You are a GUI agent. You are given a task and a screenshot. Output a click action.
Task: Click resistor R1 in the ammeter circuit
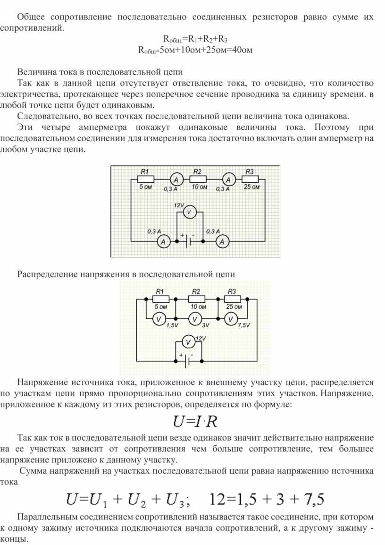coord(146,179)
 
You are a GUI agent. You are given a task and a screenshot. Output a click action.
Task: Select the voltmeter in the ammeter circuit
coord(189,212)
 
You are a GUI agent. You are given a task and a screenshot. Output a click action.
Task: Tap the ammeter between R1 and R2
coord(176,179)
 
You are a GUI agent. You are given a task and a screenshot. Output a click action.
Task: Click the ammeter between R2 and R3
coord(228,179)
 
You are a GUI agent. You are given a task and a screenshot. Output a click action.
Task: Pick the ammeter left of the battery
coord(163,241)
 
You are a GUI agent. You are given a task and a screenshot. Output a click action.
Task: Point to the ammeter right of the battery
coord(222,241)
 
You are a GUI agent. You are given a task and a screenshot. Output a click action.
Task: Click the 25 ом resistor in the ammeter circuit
coord(251,179)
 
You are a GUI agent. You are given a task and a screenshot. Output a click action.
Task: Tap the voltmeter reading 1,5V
coord(159,319)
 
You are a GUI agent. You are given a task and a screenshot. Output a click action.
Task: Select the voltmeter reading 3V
coord(195,319)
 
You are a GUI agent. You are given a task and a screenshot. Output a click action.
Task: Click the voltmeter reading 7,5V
coord(231,319)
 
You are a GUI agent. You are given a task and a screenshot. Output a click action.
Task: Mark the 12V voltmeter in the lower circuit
coord(189,342)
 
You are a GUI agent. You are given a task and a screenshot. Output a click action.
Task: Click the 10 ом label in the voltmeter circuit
coord(198,307)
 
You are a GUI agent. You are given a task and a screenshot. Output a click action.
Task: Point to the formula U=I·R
coord(195,421)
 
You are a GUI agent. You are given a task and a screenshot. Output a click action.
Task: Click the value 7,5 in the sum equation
coord(314,499)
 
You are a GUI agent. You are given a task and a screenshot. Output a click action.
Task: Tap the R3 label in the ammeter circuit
coord(250,171)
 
